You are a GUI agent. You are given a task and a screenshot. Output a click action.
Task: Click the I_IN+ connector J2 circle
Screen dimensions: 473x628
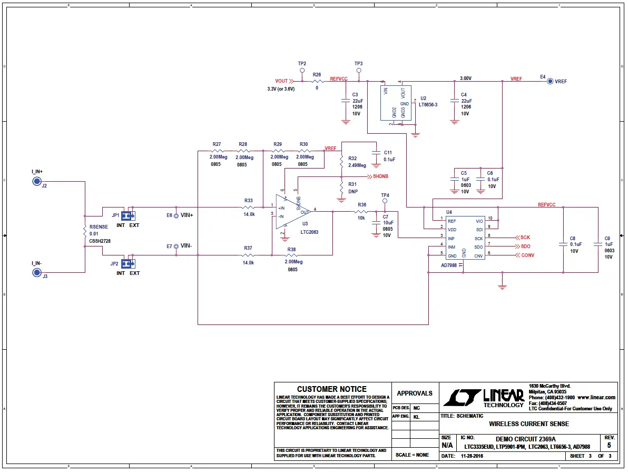37,182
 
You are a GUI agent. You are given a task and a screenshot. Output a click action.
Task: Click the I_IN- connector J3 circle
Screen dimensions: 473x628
37,272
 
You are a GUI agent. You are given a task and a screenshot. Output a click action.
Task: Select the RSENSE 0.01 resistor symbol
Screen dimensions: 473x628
85,231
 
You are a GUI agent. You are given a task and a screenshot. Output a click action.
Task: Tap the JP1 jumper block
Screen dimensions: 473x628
128,215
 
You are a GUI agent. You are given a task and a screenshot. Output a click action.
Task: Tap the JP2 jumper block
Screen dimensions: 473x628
128,263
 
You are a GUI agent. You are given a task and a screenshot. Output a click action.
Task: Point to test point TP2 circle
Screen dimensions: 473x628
302,70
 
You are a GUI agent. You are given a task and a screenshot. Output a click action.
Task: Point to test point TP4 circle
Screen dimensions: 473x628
385,201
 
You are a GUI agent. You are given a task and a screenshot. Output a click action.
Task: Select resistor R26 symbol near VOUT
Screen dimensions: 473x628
317,81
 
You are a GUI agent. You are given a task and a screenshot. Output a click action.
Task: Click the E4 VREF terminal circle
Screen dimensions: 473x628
550,81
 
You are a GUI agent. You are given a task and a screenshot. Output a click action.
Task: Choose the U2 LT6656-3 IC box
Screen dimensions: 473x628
396,104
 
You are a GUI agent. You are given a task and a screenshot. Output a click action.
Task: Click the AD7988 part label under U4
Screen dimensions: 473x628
449,265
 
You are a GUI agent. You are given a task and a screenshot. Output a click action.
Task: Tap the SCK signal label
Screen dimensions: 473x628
525,238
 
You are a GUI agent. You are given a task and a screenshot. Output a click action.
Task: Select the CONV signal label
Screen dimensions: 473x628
527,256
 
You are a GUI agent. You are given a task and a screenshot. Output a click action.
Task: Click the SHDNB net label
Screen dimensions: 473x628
384,176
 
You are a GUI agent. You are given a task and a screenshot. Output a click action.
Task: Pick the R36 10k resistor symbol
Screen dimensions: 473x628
361,212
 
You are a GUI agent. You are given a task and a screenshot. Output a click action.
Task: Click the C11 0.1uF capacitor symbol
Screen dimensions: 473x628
376,152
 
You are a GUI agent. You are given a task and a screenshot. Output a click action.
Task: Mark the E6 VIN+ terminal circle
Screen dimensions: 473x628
176,215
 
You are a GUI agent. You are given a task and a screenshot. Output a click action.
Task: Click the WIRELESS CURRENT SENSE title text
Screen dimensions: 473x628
528,423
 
